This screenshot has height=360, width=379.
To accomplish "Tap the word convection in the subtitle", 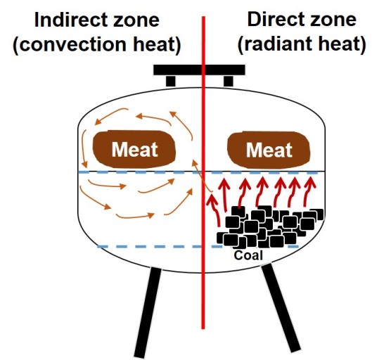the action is [72, 44].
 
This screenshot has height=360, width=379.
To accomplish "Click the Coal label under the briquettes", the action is [248, 255].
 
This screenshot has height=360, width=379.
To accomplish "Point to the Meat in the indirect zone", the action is [134, 149].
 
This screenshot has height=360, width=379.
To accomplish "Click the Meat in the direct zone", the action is [269, 150].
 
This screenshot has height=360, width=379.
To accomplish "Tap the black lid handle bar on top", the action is [200, 70].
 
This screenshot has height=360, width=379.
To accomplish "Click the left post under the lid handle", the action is [171, 82].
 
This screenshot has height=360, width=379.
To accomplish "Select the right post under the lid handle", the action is [229, 82].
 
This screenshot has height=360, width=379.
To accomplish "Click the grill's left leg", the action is [148, 312].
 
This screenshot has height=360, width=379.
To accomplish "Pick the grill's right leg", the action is [281, 307].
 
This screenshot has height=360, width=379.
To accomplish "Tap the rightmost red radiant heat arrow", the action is [309, 192].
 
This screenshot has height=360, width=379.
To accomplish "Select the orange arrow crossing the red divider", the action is [201, 174].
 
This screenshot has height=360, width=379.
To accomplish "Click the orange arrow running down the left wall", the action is [84, 148].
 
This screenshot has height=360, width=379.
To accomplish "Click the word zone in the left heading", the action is [136, 20].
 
